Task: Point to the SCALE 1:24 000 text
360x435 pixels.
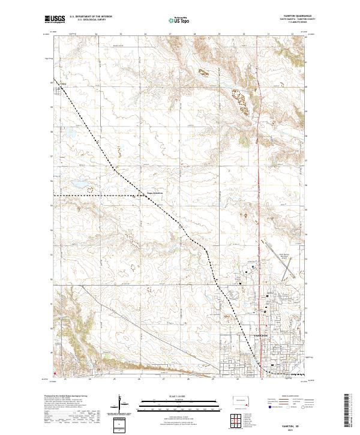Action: (180, 395)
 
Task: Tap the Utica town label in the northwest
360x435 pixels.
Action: (62, 85)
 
